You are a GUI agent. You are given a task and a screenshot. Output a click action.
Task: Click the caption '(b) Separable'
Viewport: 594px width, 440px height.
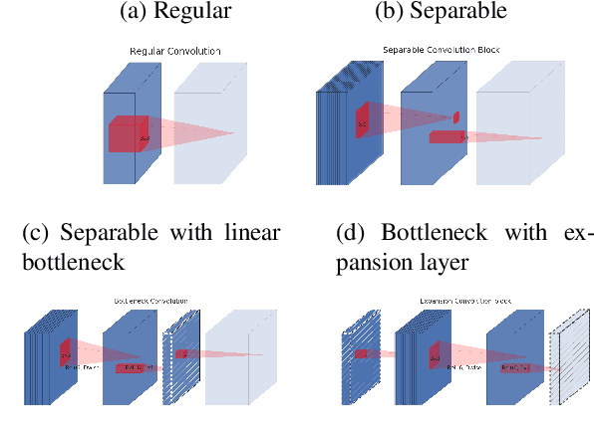440,13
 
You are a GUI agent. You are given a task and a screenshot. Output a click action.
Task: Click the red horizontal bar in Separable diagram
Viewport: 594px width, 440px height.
448,136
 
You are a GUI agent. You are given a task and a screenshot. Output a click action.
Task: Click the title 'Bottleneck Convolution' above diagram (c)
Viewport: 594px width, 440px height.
150,300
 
